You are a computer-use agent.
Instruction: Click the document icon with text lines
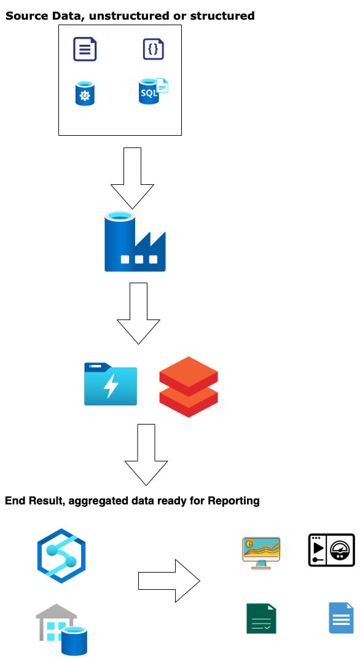coord(85,49)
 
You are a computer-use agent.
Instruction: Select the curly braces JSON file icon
coord(154,49)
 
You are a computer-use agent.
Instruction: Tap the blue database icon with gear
coord(85,95)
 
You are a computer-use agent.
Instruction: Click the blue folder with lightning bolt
coord(111,384)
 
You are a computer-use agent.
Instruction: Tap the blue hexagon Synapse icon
coord(61,559)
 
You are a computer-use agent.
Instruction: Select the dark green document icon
coord(261,619)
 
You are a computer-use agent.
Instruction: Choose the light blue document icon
coord(341,618)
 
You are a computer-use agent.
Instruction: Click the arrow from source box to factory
coord(131,178)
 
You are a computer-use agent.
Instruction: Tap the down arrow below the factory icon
coord(138,313)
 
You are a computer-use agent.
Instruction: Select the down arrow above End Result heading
coord(146,455)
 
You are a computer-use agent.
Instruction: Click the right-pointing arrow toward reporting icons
coord(169,581)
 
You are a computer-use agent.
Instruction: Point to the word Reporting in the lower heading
coord(234,501)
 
